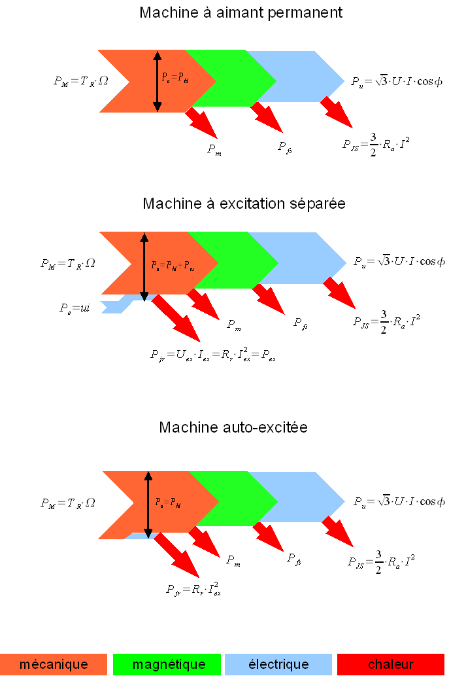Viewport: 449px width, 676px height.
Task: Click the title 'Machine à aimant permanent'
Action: tap(241, 12)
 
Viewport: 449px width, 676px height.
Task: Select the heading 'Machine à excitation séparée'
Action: tap(244, 204)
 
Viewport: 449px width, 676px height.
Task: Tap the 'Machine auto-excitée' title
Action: tap(233, 427)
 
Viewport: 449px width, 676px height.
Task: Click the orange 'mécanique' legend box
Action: tap(54, 664)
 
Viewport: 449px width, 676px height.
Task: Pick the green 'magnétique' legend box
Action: tap(169, 664)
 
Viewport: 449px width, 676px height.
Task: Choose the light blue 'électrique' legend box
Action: tap(278, 664)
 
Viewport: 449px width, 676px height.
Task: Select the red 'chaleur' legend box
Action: tap(391, 664)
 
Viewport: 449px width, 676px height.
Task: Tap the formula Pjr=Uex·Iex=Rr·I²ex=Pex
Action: tap(213, 355)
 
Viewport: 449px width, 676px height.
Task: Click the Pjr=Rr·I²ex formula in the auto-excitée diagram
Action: tap(193, 589)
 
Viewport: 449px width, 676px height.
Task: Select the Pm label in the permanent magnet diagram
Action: tap(214, 149)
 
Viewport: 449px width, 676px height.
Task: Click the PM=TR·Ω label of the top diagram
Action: tap(81, 82)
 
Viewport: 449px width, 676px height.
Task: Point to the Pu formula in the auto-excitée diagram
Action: tap(398, 502)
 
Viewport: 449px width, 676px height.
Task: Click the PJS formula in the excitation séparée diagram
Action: tap(386, 321)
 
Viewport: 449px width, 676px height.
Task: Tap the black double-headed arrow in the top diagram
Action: tap(157, 81)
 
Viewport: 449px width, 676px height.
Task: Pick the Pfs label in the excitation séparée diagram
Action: tap(301, 323)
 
